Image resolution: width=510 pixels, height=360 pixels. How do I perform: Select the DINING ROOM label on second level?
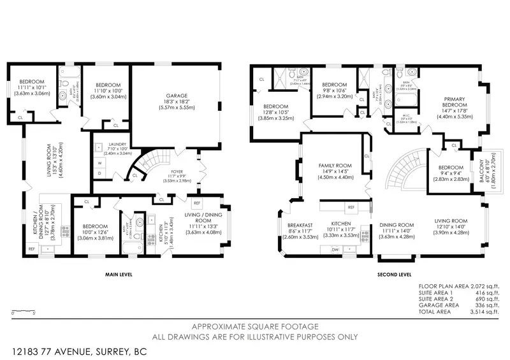click(397, 224)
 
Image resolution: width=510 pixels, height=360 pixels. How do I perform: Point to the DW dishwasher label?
click(335, 250)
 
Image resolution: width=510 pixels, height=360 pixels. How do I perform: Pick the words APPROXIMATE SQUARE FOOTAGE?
click(254, 326)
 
